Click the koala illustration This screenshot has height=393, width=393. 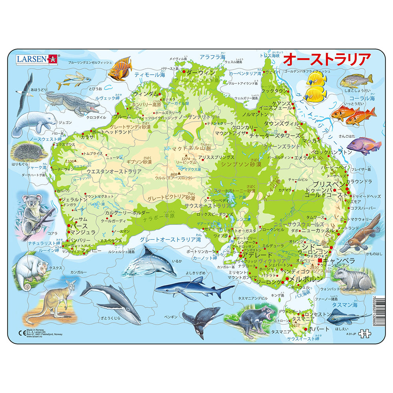click(33, 212)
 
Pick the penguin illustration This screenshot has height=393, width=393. click(202, 320)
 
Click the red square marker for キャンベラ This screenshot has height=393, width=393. click(320, 261)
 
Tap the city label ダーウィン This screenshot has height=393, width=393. click(200, 73)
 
